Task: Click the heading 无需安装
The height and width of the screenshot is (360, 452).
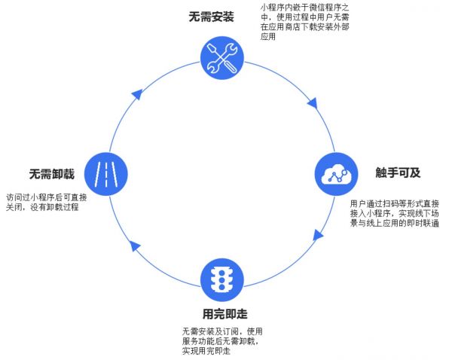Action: [x=211, y=17]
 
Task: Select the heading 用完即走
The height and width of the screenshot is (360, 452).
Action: [x=225, y=313]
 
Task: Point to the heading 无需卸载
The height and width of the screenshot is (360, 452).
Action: [x=52, y=174]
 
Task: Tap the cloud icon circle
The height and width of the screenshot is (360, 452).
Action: [x=333, y=175]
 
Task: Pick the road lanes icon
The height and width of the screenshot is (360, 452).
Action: [x=105, y=172]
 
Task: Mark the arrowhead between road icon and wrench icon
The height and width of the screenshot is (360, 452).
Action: [x=136, y=95]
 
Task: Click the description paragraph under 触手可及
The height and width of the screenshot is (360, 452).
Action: [x=395, y=214]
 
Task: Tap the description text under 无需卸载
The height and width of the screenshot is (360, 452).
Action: [x=47, y=202]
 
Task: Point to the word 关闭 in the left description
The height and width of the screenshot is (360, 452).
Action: [x=15, y=207]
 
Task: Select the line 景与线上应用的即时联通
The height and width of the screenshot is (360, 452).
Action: [x=395, y=224]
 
